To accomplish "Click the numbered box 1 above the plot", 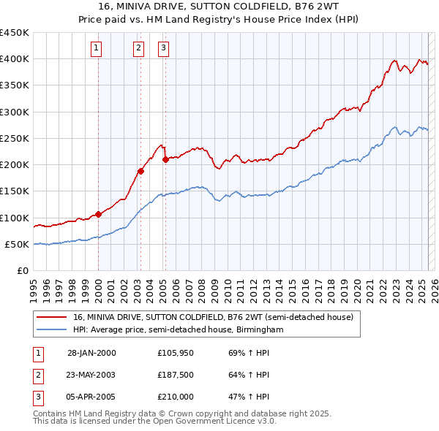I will click(x=97, y=48).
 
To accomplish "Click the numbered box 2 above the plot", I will click(x=139, y=48).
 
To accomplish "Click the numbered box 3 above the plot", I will click(x=163, y=48).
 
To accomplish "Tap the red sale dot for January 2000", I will click(x=98, y=215).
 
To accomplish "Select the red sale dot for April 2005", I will click(x=165, y=159).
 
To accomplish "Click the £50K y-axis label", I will click(x=17, y=244).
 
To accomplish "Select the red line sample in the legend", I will click(x=52, y=317).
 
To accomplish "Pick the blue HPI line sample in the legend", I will click(x=52, y=330).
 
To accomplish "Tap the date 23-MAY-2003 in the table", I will click(x=91, y=375).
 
